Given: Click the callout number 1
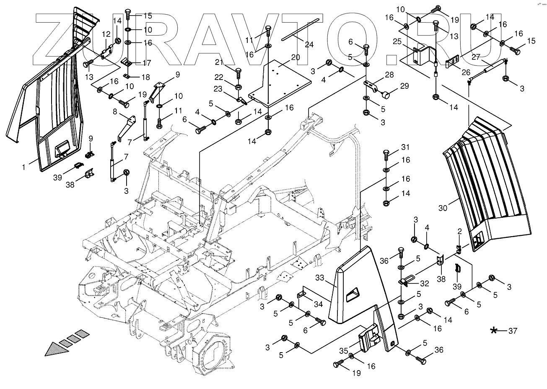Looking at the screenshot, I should point(24,167).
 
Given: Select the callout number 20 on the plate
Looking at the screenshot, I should point(296,57).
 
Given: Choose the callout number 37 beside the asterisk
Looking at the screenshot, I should point(513,331).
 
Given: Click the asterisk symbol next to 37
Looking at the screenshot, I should point(495,331).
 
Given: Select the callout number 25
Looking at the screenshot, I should point(397,41).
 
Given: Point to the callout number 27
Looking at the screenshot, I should point(476,57).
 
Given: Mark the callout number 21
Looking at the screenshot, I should point(229,62).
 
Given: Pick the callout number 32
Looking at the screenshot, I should point(424,283).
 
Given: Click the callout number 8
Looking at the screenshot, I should point(114,112).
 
